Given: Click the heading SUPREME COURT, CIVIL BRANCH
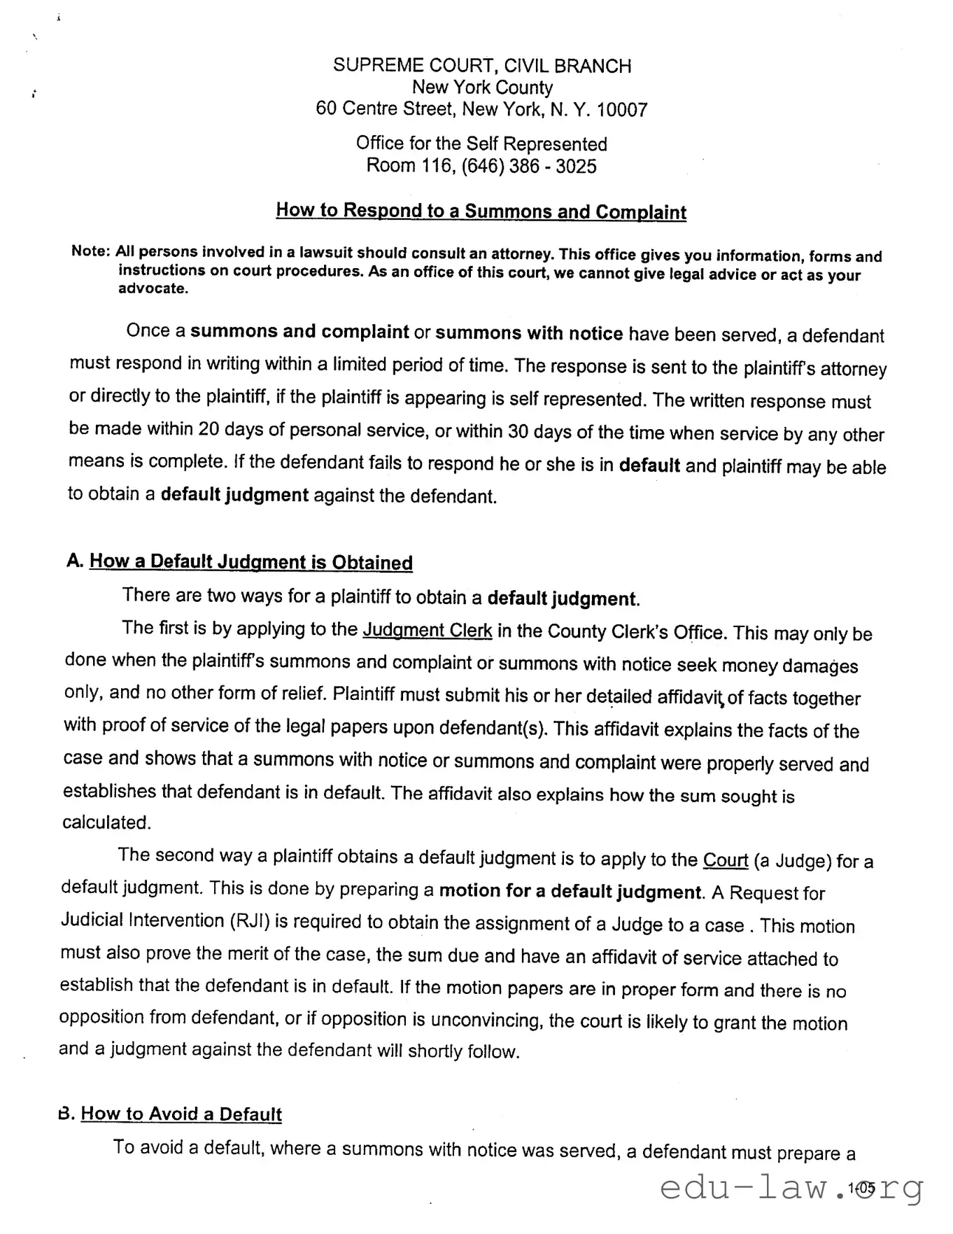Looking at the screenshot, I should (x=481, y=66).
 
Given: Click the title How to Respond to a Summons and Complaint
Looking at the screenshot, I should (x=481, y=211).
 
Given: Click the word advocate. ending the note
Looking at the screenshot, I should (x=153, y=289).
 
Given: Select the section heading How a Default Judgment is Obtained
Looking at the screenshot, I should (x=250, y=562).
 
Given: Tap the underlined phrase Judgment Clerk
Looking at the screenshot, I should (x=427, y=630).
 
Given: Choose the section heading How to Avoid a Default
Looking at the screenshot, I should (x=181, y=1114).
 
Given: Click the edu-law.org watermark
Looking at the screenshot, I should (x=791, y=1188).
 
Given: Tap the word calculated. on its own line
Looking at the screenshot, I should (x=106, y=822).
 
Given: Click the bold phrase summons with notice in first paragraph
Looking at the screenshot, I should (x=529, y=333).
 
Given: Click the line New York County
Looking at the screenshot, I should (x=482, y=87).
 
